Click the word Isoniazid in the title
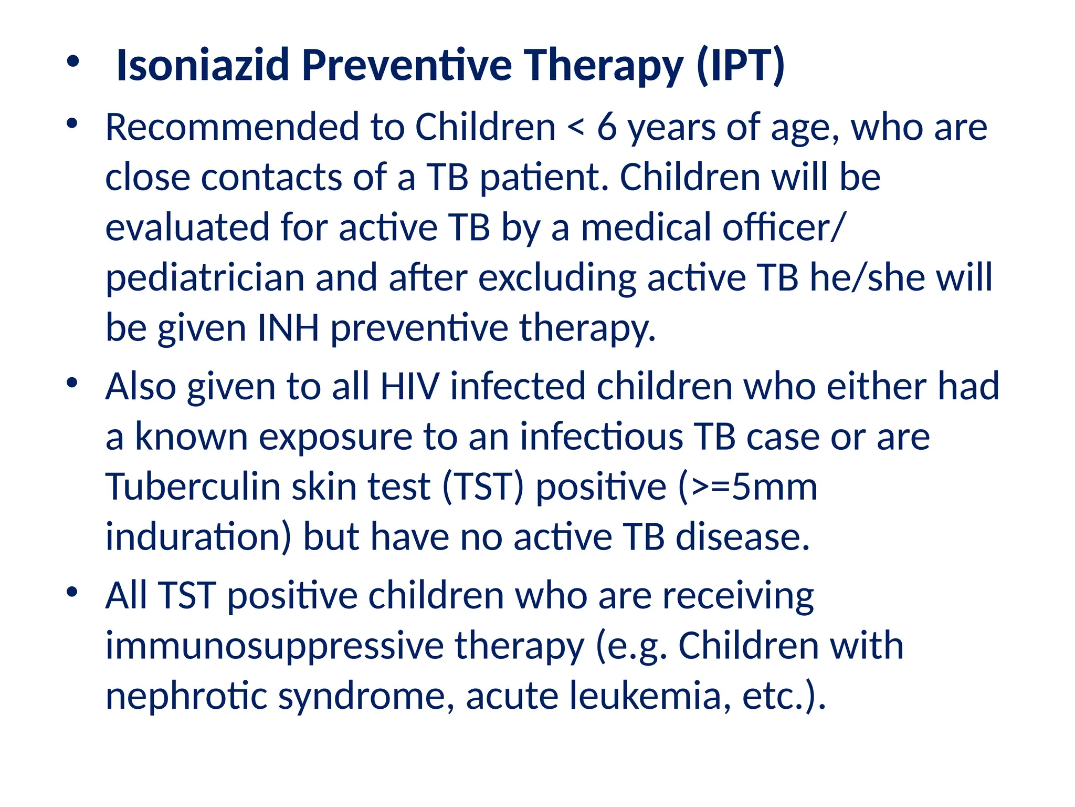point(203,65)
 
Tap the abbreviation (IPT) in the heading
point(740,65)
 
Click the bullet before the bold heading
point(73,62)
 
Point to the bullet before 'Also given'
point(72,383)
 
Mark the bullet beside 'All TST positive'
point(72,592)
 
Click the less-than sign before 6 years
point(576,128)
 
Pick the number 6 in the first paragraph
point(607,128)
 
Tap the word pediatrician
point(205,278)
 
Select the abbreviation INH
point(288,328)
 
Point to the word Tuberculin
point(193,487)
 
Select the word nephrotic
point(187,696)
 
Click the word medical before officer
point(646,228)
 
